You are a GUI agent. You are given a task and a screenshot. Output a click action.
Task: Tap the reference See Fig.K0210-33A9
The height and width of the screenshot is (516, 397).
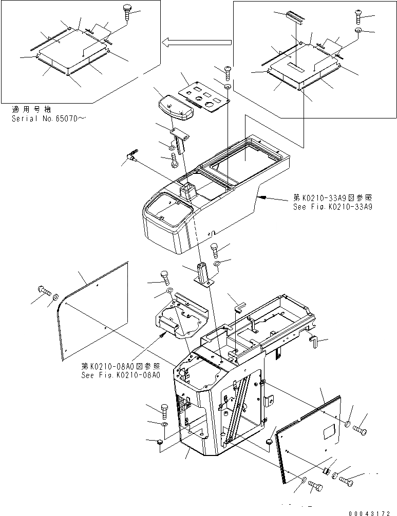tap(332, 207)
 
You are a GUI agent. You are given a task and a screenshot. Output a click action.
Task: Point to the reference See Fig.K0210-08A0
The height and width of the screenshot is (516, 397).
tap(121, 375)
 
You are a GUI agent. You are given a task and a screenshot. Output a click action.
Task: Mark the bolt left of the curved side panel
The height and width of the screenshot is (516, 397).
tap(43, 292)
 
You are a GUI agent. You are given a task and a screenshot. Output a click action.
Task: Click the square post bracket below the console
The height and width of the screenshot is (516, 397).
tap(204, 274)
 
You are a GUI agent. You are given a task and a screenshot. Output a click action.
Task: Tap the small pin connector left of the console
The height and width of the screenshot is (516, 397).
tap(133, 154)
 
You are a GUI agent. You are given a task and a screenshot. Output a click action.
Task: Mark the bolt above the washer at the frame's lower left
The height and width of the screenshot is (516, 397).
tap(164, 410)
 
